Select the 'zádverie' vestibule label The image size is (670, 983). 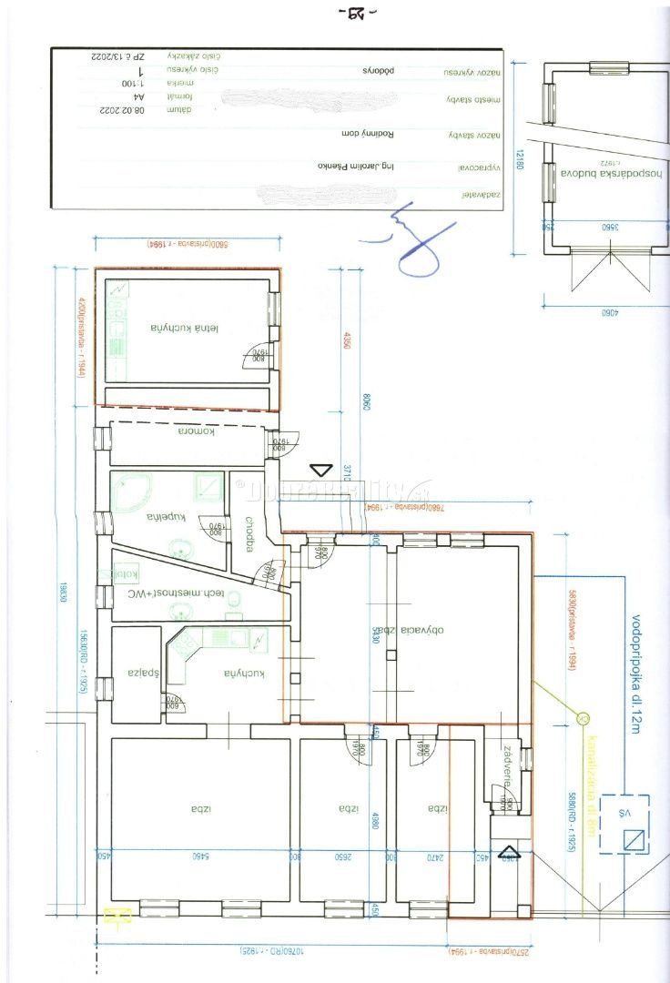tap(505, 767)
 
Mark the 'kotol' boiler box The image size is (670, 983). tap(126, 574)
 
